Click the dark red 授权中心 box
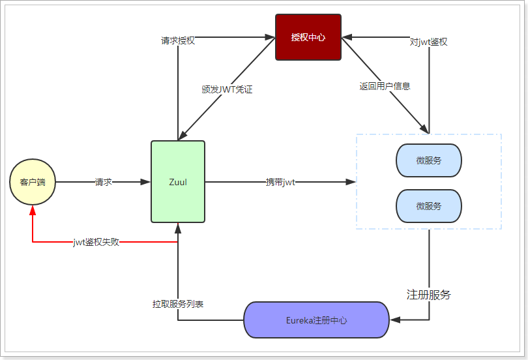click(308, 37)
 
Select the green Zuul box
click(178, 181)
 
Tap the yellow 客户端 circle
click(33, 182)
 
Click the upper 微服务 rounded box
click(428, 160)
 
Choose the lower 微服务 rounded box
click(428, 206)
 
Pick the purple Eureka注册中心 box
click(316, 320)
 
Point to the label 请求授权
click(178, 40)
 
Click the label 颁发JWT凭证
click(227, 89)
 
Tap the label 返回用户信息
click(385, 85)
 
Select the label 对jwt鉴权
click(429, 42)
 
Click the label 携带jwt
click(280, 182)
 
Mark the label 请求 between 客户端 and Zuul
click(103, 182)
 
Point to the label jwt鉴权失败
click(96, 242)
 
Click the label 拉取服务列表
click(178, 304)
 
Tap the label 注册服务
click(428, 295)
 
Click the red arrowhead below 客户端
click(33, 210)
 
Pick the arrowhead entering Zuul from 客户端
click(145, 182)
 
